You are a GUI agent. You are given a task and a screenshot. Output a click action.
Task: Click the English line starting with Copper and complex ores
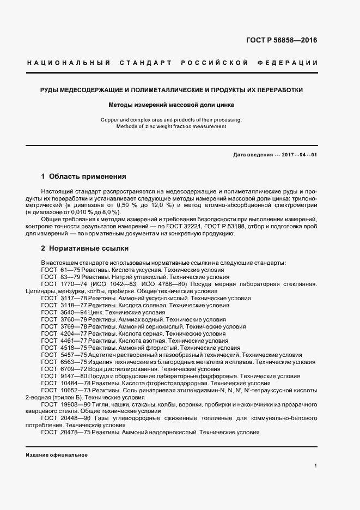pos(172,119)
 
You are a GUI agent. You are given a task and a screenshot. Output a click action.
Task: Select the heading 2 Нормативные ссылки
pos(84,248)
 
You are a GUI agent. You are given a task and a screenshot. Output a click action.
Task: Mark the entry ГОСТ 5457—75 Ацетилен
pos(174,355)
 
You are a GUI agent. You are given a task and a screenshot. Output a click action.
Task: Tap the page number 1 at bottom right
pos(316,466)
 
